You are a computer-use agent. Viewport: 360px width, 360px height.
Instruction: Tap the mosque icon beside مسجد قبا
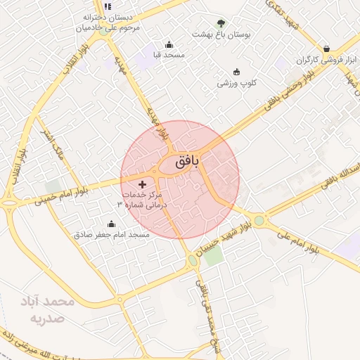click(168, 44)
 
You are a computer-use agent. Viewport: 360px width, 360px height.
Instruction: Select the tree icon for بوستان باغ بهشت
click(221, 24)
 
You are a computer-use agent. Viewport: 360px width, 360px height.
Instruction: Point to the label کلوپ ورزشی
click(236, 82)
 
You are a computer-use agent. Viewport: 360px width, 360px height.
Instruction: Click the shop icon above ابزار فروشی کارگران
click(326, 49)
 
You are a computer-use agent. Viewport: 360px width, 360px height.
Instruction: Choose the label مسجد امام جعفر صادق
click(112, 234)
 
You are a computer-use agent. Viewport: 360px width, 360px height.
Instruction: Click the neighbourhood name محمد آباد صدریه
click(49, 309)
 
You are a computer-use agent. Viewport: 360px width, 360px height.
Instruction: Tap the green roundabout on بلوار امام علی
click(260, 221)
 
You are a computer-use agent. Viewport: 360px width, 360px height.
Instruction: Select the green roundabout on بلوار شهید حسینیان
click(193, 261)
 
